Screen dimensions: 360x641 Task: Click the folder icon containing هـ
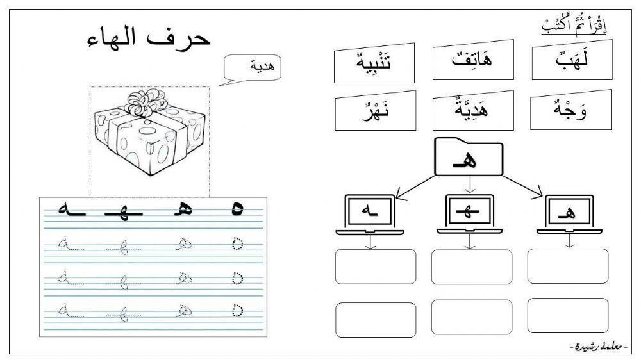click(x=469, y=156)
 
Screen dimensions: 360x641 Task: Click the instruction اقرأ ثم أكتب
click(x=574, y=27)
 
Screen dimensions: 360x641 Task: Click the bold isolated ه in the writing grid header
click(x=237, y=209)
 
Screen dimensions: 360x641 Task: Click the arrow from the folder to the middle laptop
click(x=470, y=184)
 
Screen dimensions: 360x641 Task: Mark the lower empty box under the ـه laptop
click(x=376, y=318)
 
